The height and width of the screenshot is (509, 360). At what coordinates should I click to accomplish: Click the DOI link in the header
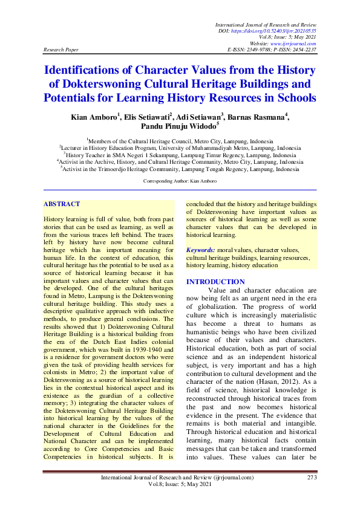tap(293, 30)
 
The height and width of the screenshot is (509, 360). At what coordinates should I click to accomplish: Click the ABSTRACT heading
tap(62, 205)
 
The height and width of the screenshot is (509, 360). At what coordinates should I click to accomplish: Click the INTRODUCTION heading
tap(215, 282)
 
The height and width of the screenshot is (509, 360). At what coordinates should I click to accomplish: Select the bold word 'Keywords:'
tap(200, 250)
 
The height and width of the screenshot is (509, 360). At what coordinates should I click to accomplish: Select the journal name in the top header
tap(266, 24)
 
